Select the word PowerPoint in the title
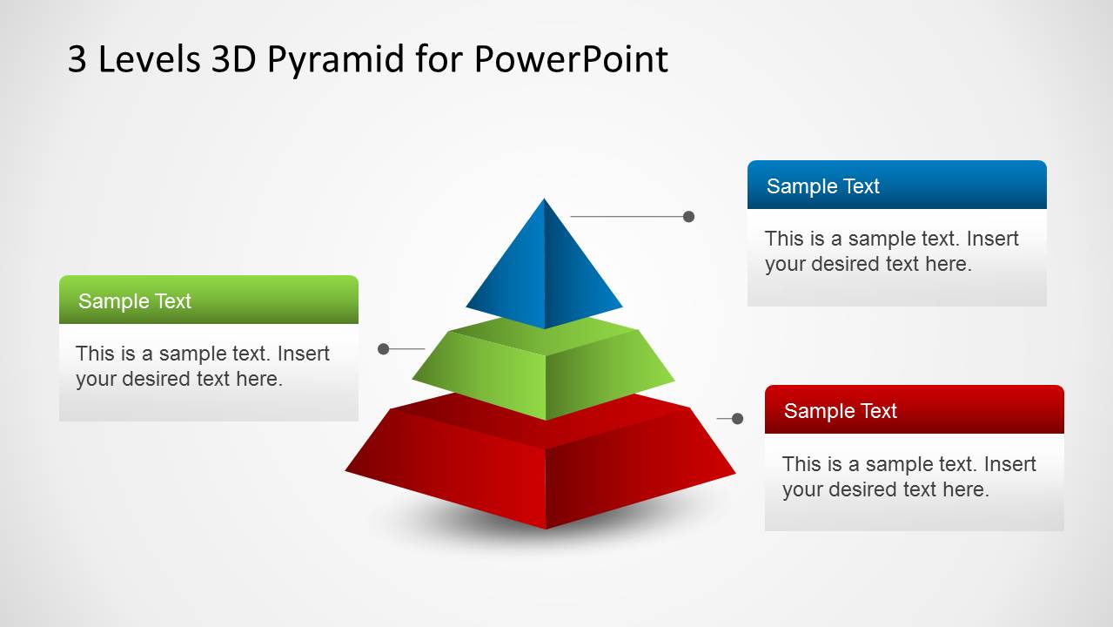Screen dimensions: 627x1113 (571, 59)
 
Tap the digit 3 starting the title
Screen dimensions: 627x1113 (77, 59)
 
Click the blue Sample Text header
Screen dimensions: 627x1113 (896, 185)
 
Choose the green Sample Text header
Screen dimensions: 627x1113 (209, 300)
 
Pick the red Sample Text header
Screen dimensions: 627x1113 (914, 410)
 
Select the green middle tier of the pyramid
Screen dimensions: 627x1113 (544, 370)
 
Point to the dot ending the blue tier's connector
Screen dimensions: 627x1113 (688, 216)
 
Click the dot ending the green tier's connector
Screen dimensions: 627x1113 (383, 349)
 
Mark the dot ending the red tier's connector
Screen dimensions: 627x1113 (737, 419)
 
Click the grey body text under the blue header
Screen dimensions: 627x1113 (891, 251)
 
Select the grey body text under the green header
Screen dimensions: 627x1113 (203, 366)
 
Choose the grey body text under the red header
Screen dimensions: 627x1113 (909, 476)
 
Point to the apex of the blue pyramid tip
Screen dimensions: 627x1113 (545, 201)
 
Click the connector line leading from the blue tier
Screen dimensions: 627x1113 (627, 216)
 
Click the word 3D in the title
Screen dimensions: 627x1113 (233, 59)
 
